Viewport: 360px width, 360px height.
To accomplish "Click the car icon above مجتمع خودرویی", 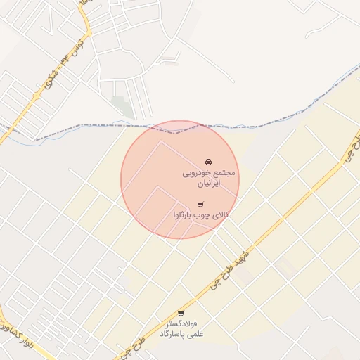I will pos(208,162).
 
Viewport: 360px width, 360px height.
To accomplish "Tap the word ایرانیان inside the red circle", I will pos(207,183).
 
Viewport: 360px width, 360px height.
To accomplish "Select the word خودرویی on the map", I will pos(199,172).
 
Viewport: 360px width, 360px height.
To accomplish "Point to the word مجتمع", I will pos(223,172).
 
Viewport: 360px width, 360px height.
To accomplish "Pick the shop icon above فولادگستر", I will pos(181,313).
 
